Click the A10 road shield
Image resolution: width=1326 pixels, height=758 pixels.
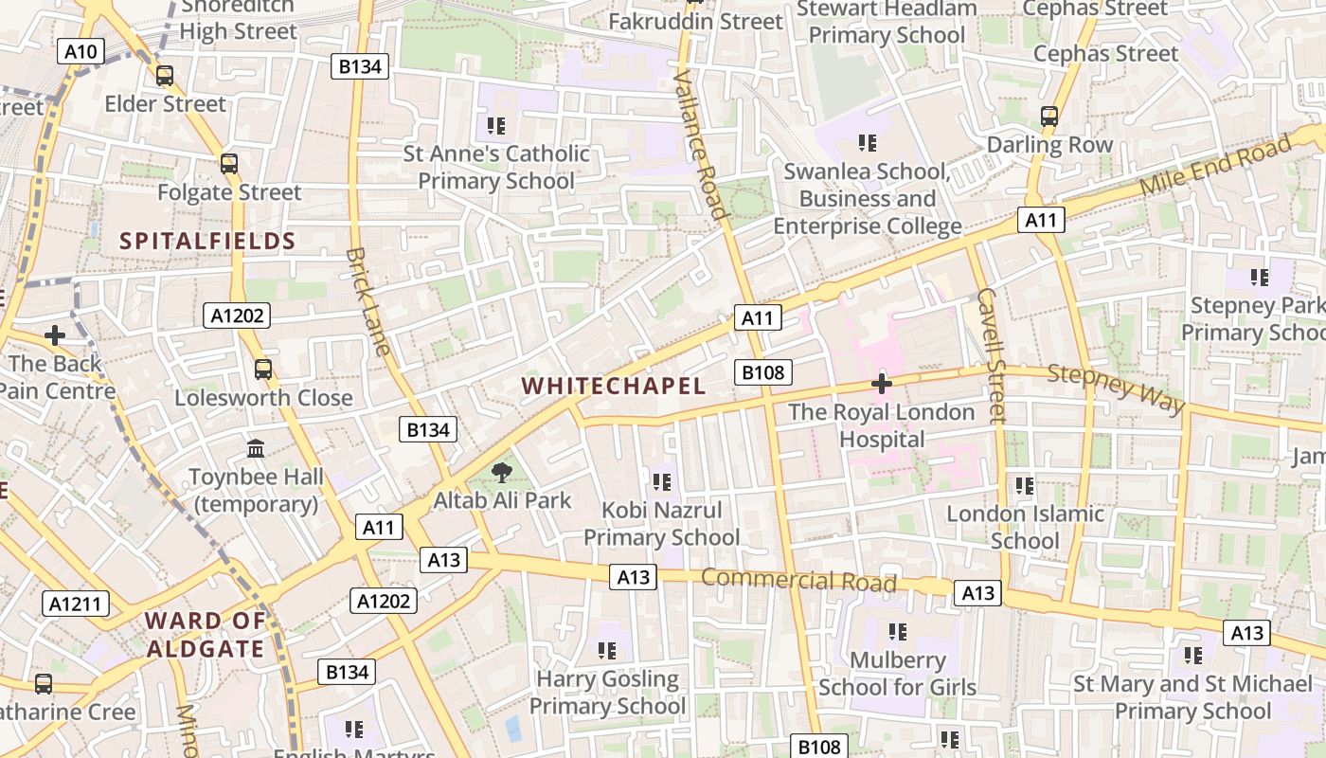pyautogui.click(x=81, y=51)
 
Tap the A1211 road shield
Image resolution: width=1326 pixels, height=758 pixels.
pyautogui.click(x=76, y=604)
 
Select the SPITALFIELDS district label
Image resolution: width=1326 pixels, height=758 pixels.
pyautogui.click(x=207, y=242)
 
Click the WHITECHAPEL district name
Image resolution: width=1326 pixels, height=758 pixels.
pyautogui.click(x=614, y=386)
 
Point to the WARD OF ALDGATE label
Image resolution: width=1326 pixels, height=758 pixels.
pyautogui.click(x=205, y=635)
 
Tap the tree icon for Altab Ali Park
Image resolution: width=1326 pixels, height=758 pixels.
pyautogui.click(x=502, y=472)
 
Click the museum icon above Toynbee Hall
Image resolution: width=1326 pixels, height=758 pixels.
pyautogui.click(x=256, y=448)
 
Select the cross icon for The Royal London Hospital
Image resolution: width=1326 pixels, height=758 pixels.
pyautogui.click(x=882, y=384)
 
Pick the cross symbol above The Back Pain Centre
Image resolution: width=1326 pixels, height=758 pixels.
pyautogui.click(x=55, y=335)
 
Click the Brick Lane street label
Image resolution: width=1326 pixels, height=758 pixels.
pyautogui.click(x=367, y=301)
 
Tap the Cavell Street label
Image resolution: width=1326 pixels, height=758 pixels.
pyautogui.click(x=991, y=354)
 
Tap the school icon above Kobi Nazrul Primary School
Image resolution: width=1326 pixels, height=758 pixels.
pyautogui.click(x=661, y=482)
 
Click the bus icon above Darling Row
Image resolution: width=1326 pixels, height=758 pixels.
pyautogui.click(x=1049, y=117)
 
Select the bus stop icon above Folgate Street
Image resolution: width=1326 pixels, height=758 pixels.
pyautogui.click(x=229, y=164)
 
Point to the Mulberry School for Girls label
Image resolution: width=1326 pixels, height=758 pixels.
pyautogui.click(x=898, y=674)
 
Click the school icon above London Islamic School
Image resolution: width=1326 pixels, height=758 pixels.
pyautogui.click(x=1025, y=486)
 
